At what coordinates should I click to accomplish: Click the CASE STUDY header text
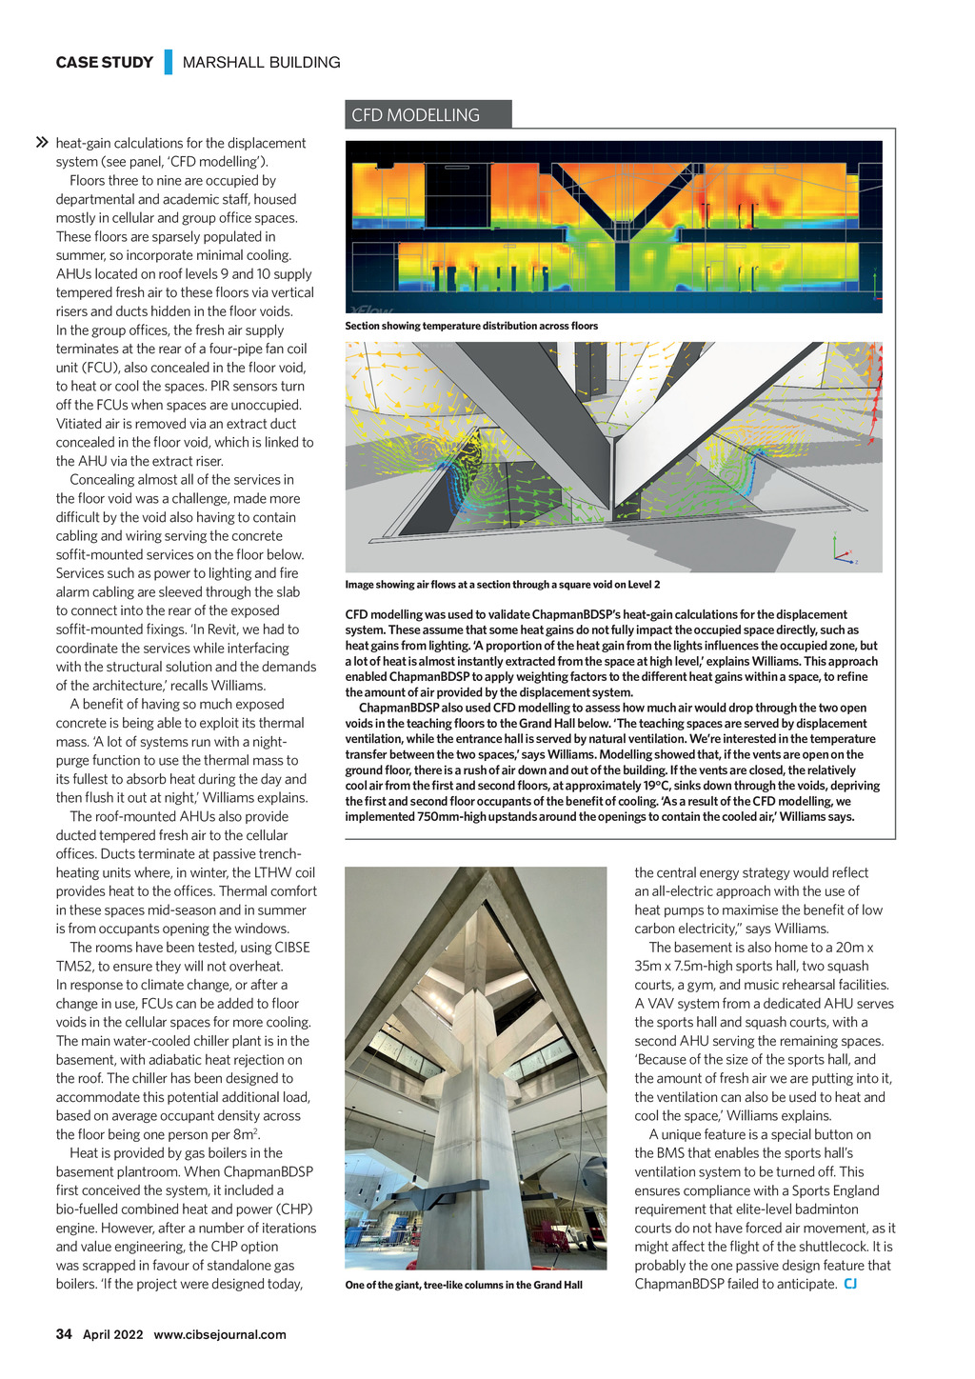pos(105,62)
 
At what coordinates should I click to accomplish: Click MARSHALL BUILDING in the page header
pos(261,62)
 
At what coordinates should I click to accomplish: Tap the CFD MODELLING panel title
pos(416,115)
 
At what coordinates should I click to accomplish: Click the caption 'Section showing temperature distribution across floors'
pos(471,326)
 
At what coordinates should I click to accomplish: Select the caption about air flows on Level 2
pos(502,585)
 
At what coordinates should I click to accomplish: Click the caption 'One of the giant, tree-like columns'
pos(464,1285)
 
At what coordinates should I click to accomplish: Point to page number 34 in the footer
pos(64,1334)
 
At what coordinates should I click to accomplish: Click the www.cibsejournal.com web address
pos(220,1334)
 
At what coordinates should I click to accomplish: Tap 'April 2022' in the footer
pos(112,1334)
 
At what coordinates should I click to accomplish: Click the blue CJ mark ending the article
pos(850,1284)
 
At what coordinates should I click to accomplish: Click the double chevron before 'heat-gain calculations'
pos(42,143)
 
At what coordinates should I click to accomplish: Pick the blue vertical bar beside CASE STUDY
pos(169,62)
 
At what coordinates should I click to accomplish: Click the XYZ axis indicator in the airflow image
pos(843,550)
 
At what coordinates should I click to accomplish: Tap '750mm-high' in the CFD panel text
pos(448,817)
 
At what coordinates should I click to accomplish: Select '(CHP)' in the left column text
pos(296,1209)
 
